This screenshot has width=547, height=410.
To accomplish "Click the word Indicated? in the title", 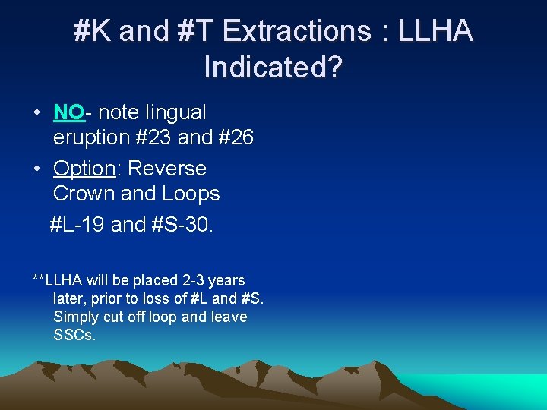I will pos(273,68).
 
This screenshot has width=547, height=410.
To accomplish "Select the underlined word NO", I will pos(68,112).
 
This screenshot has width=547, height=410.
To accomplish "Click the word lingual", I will pos(175,112).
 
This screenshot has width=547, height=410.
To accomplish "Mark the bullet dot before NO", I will pos(36,113).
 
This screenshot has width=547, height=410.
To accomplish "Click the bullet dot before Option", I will pos(36,169).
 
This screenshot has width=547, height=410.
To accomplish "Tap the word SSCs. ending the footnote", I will pos(74,334).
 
